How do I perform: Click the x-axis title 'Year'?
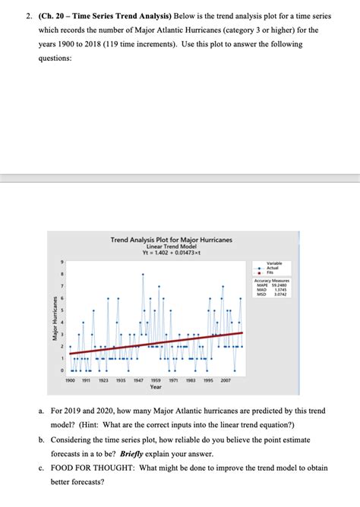pyautogui.click(x=156, y=386)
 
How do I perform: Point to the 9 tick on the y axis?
pyautogui.click(x=62, y=263)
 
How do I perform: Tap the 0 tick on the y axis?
pyautogui.click(x=62, y=370)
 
